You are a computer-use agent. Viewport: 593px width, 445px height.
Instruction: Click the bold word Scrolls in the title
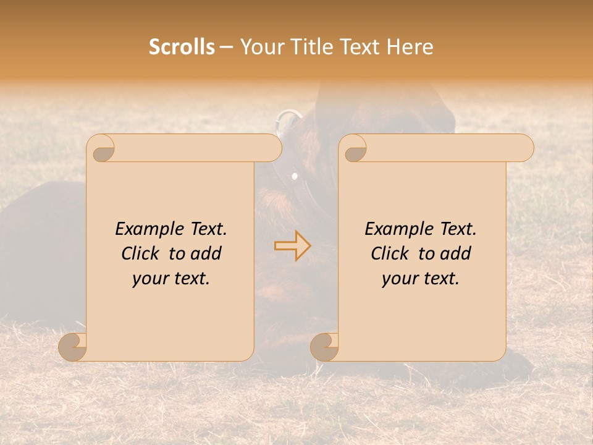(182, 47)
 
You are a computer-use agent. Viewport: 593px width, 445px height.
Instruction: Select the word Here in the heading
(409, 47)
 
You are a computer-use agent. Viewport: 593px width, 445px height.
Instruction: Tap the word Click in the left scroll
(143, 253)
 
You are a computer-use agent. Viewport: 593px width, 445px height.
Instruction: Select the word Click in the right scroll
(392, 253)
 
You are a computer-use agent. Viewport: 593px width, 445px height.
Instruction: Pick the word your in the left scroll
(150, 279)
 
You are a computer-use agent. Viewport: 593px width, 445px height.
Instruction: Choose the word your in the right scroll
(400, 279)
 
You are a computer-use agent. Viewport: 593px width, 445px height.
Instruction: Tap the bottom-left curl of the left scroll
(73, 346)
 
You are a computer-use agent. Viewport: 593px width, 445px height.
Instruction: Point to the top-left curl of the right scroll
(354, 149)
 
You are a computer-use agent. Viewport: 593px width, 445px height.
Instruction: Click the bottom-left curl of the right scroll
(325, 346)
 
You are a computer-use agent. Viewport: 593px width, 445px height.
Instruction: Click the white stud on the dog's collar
(295, 177)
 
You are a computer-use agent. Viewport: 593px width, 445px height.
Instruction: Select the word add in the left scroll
(208, 253)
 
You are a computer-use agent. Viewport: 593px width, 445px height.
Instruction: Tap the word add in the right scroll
(457, 253)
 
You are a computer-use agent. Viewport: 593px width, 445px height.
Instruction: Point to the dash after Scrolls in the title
(227, 48)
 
